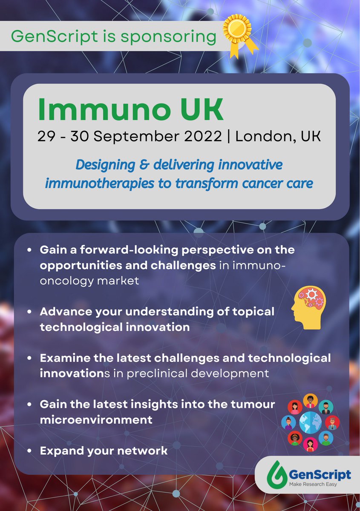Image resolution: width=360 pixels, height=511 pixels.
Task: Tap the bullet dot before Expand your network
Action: tap(29, 451)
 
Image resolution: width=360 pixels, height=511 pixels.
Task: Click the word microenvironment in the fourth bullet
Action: tap(96, 419)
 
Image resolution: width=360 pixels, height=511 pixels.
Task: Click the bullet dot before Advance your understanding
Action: tap(29, 312)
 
